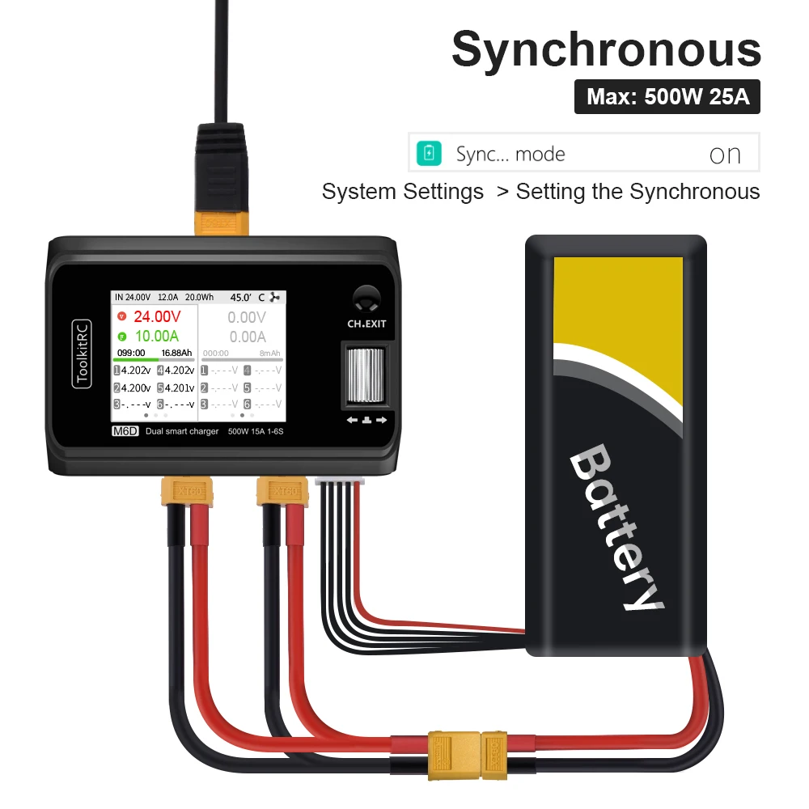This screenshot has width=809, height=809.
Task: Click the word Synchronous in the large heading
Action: pyautogui.click(x=606, y=50)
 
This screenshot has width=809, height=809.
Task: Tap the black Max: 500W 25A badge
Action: pyautogui.click(x=667, y=97)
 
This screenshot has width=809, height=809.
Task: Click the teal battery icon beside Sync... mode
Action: pyautogui.click(x=429, y=153)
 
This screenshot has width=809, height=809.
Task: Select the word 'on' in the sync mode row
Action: pyautogui.click(x=724, y=155)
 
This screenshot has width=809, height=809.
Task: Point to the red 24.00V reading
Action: pyautogui.click(x=157, y=316)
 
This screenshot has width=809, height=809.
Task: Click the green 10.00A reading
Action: pyautogui.click(x=157, y=336)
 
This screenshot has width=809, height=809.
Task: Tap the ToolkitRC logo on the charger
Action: pyautogui.click(x=82, y=354)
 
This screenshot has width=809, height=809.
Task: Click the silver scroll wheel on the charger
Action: pyautogui.click(x=365, y=374)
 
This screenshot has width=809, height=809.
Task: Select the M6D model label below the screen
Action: pyautogui.click(x=125, y=431)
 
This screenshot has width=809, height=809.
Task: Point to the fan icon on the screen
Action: pyautogui.click(x=278, y=297)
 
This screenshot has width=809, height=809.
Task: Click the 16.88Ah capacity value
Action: pyautogui.click(x=176, y=353)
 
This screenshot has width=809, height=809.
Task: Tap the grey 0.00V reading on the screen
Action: pyautogui.click(x=246, y=317)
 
